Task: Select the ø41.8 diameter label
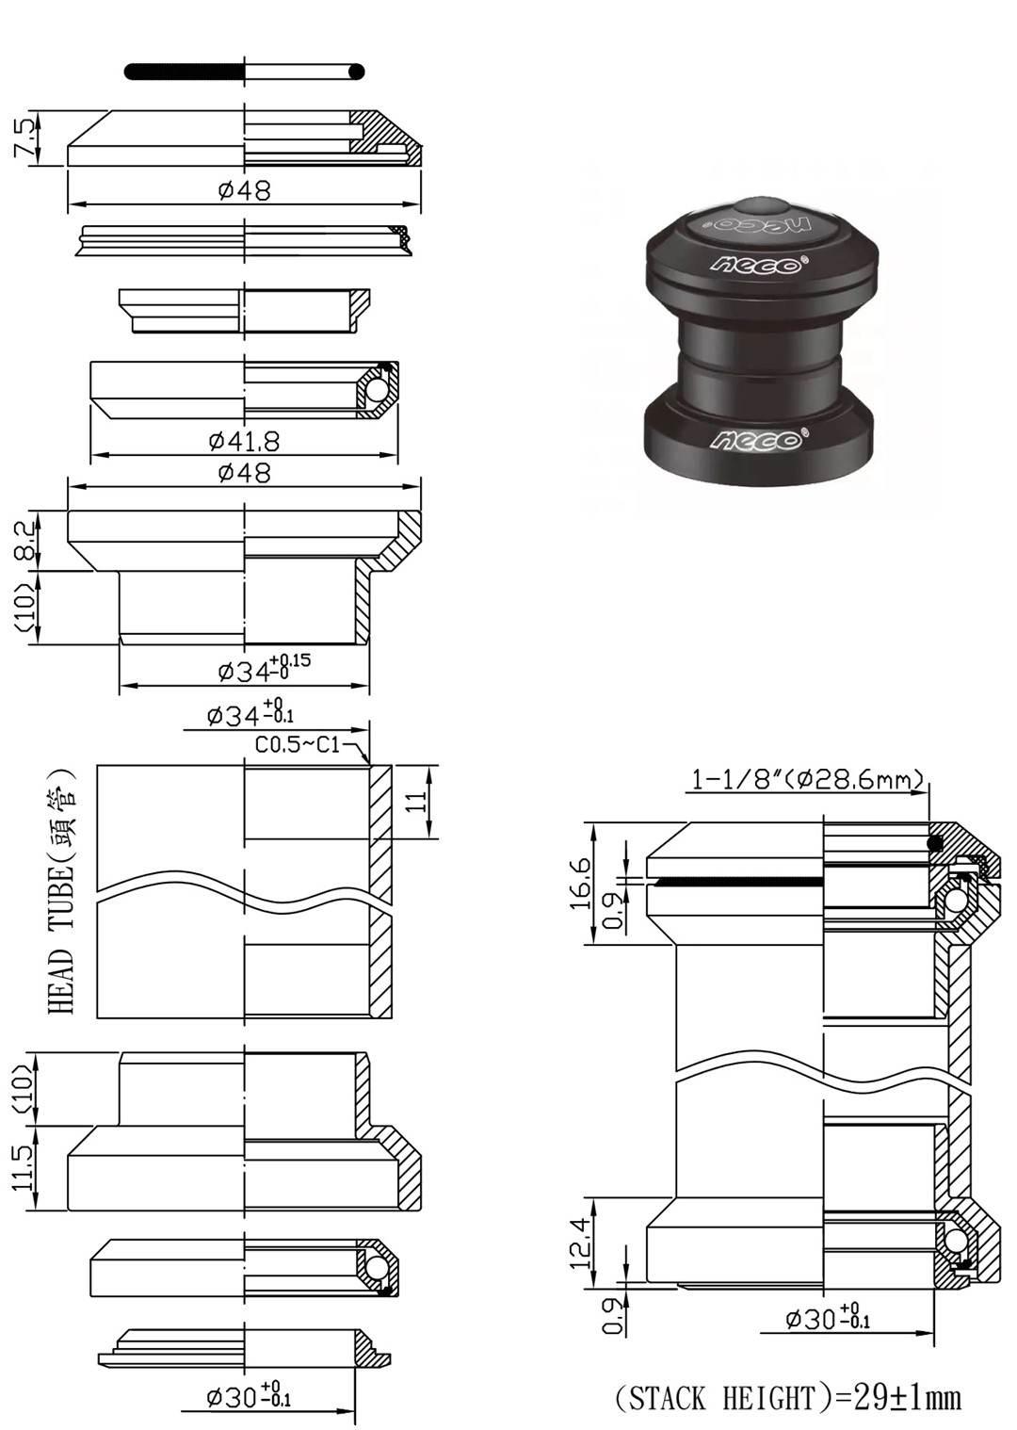pyautogui.click(x=244, y=441)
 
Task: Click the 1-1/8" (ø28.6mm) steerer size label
pyautogui.click(x=807, y=779)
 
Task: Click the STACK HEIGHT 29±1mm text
pyautogui.click(x=788, y=1397)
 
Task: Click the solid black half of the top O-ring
pyautogui.click(x=185, y=72)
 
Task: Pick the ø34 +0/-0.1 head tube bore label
pyautogui.click(x=250, y=713)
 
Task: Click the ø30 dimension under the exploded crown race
pyautogui.click(x=249, y=1396)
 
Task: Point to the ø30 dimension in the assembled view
pyautogui.click(x=827, y=1317)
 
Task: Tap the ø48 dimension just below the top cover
pyautogui.click(x=244, y=190)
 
